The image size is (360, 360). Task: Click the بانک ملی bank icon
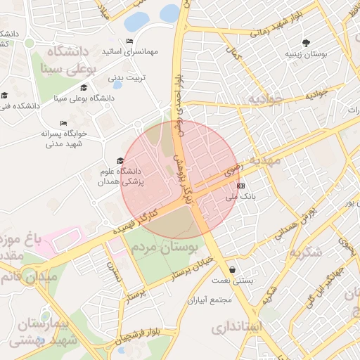[x=241, y=186]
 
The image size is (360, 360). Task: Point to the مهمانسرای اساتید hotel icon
[x=128, y=41]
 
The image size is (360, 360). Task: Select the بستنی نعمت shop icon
[x=232, y=269]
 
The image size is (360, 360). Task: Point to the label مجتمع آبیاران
[x=210, y=300]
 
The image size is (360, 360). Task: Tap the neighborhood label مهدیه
[x=264, y=160]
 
